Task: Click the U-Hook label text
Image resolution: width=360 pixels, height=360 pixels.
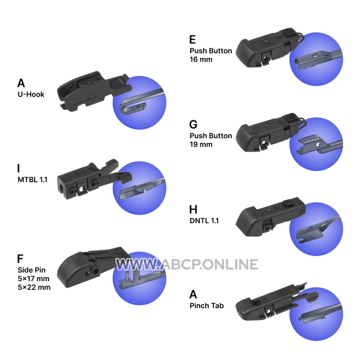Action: pyautogui.click(x=31, y=94)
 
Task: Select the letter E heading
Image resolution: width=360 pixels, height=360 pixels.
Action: pyautogui.click(x=193, y=40)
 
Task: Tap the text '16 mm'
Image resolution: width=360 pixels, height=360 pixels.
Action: pyautogui.click(x=201, y=59)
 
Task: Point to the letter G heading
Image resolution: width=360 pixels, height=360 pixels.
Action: pyautogui.click(x=193, y=125)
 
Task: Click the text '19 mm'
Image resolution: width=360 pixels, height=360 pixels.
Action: pyautogui.click(x=201, y=144)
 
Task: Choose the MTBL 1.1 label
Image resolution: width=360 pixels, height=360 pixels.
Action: pyautogui.click(x=32, y=180)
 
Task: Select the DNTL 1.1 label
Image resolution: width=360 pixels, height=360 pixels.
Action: pyautogui.click(x=204, y=220)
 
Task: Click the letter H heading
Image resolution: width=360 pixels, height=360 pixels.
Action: pyautogui.click(x=193, y=209)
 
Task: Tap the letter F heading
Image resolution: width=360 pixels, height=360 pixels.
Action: pyautogui.click(x=20, y=258)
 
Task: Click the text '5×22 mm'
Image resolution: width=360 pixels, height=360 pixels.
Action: pyautogui.click(x=34, y=287)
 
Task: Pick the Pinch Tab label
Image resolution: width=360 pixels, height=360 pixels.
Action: pyautogui.click(x=207, y=306)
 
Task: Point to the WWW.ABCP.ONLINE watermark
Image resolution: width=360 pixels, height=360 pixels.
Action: pyautogui.click(x=187, y=264)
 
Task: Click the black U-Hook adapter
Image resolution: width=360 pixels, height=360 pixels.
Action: pyautogui.click(x=92, y=91)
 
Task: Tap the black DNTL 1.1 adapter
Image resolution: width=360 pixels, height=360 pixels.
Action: pyautogui.click(x=269, y=217)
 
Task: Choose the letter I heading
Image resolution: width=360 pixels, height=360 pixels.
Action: pyautogui.click(x=18, y=168)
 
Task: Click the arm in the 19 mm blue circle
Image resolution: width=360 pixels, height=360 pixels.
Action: pyautogui.click(x=319, y=144)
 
